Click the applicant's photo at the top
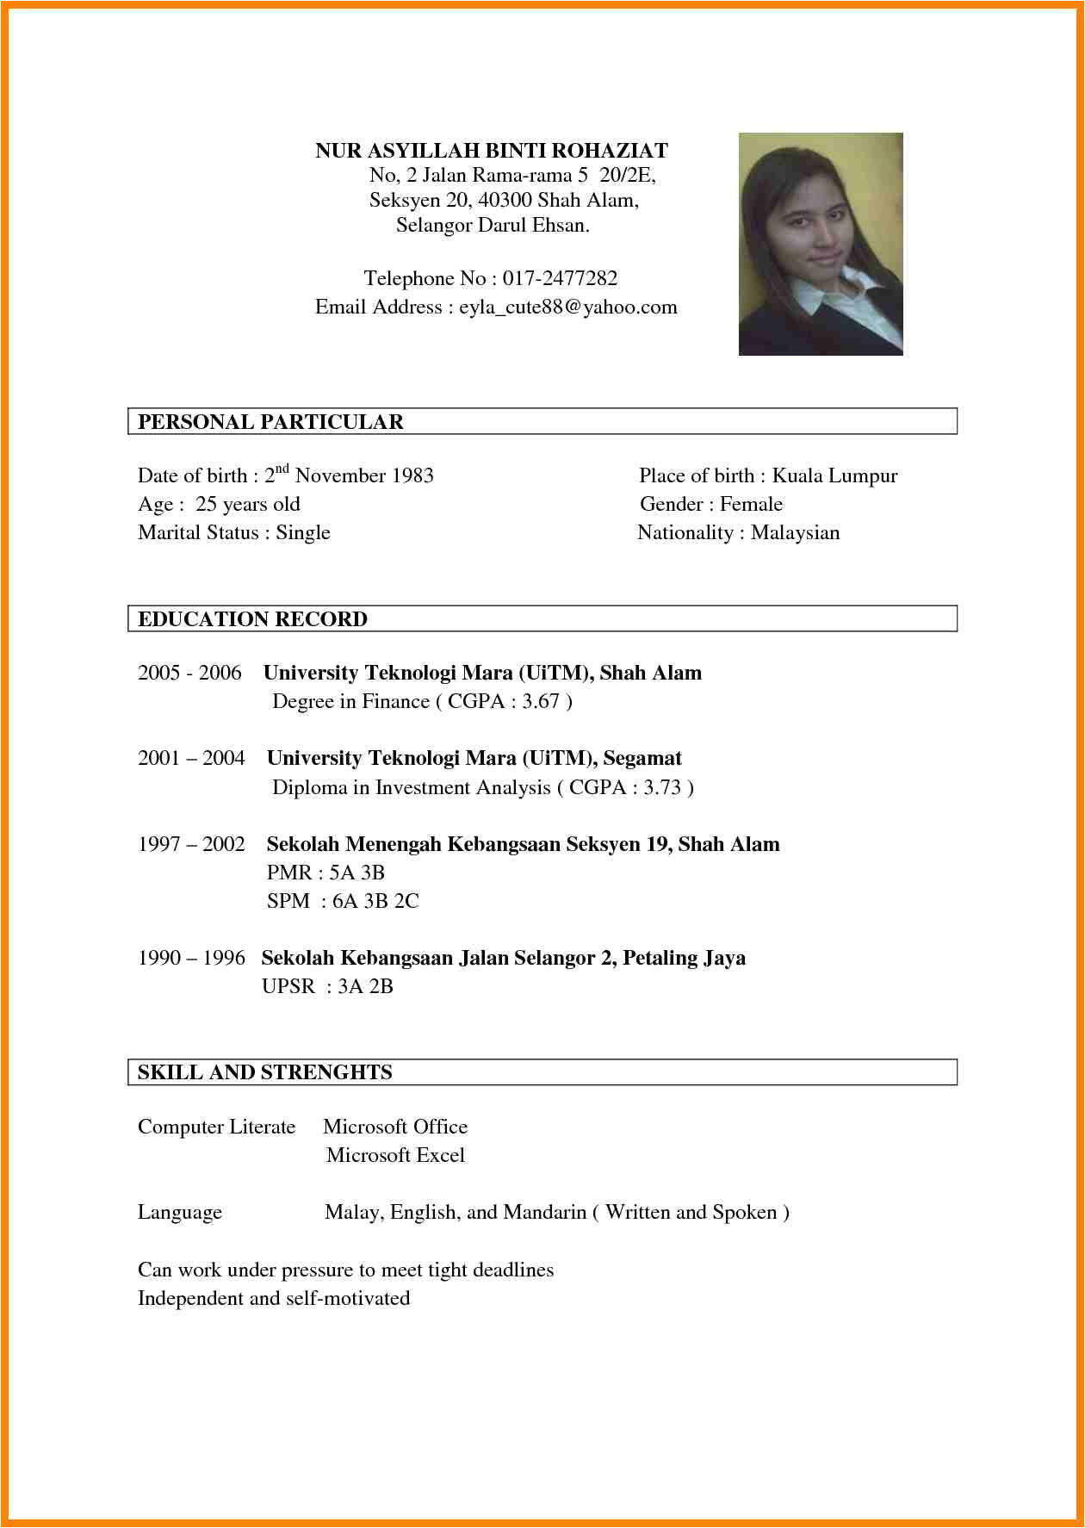coord(820,244)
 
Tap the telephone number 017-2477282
coord(560,278)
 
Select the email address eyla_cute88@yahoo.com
coord(568,307)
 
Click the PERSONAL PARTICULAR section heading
coord(270,422)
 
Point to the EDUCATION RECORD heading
coord(252,619)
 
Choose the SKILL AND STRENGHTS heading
coord(264,1072)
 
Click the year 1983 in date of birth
coord(412,475)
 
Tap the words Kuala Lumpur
coord(834,475)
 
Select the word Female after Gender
coord(751,504)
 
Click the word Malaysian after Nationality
coord(795,532)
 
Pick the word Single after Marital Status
coord(303,532)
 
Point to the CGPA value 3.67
coord(541,701)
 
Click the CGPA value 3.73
coord(662,787)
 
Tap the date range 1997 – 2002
coord(191,844)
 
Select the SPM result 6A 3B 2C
coord(375,901)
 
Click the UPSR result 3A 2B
coord(365,986)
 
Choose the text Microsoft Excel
coord(395,1155)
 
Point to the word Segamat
coord(642,758)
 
